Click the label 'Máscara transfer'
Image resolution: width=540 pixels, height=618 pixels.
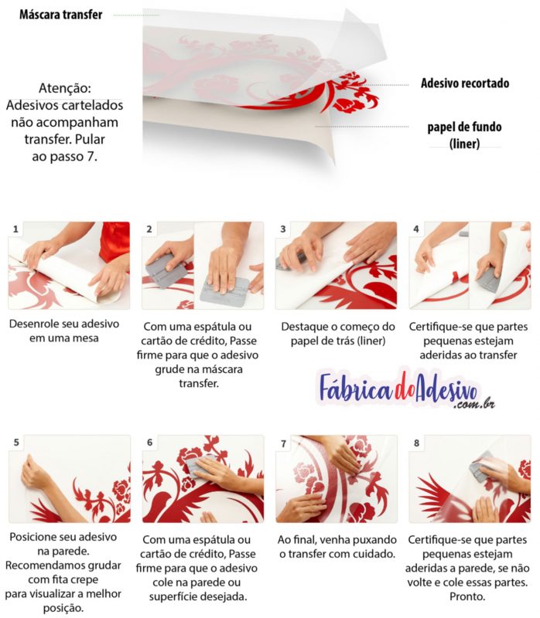(60, 15)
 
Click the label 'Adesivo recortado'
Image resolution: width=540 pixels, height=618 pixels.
(464, 83)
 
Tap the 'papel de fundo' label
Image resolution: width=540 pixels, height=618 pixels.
(464, 127)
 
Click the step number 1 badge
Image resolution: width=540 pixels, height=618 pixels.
(15, 229)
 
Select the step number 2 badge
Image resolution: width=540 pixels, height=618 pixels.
(149, 229)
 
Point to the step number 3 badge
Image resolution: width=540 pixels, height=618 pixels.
(283, 229)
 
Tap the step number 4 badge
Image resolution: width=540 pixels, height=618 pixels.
(416, 229)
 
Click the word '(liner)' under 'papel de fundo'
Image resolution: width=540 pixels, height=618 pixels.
(464, 143)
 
